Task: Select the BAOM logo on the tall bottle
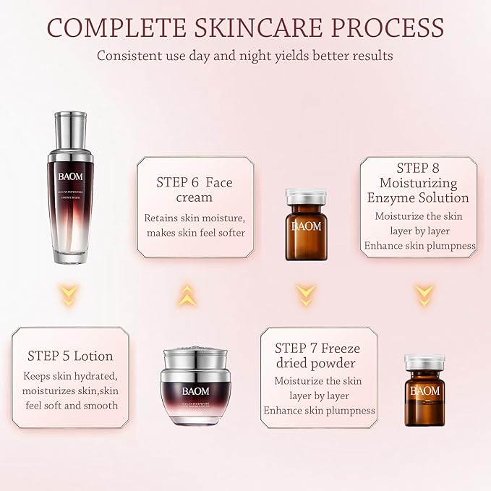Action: point(70,195)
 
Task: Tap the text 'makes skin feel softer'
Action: point(196,232)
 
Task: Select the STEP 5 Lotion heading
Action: point(70,356)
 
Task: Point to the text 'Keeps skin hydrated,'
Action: point(70,376)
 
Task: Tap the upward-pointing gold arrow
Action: point(187,294)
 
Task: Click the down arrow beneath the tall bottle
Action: point(70,294)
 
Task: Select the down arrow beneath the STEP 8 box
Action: point(424,294)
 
